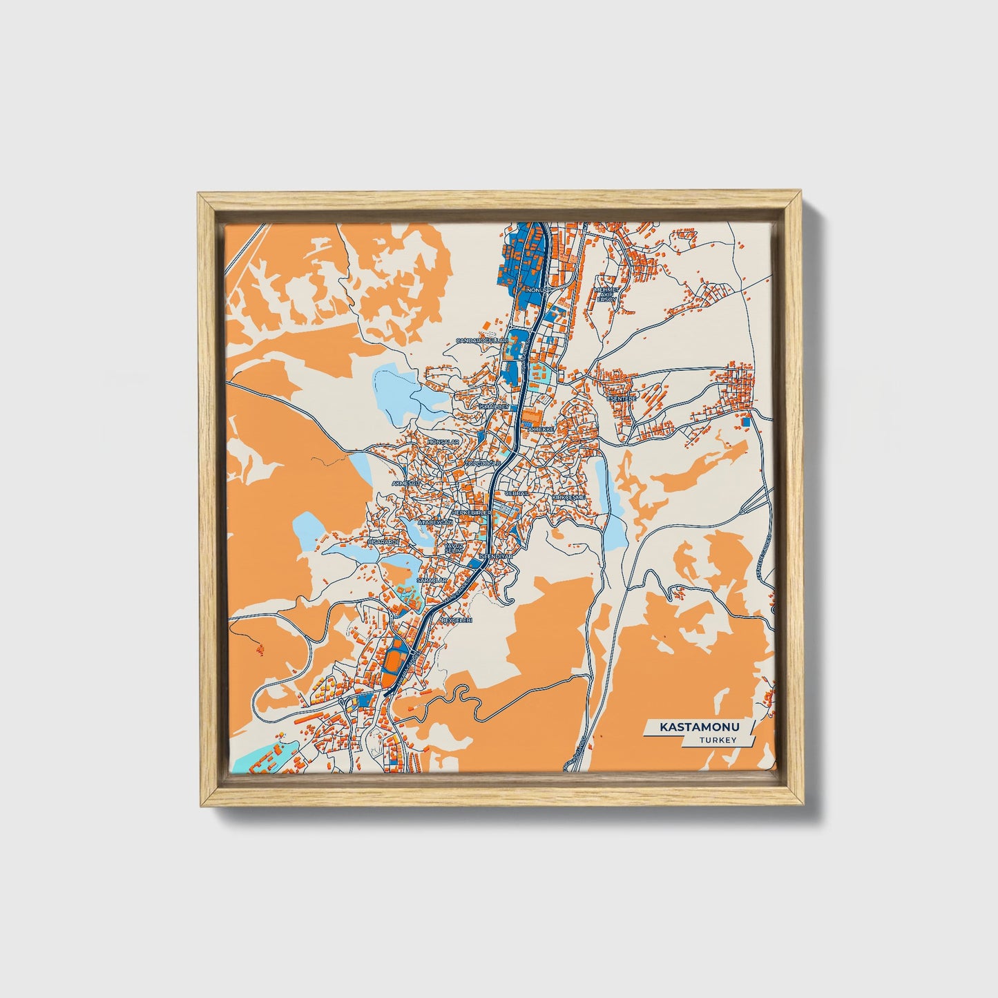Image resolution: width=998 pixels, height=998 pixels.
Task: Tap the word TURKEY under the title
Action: click(717, 740)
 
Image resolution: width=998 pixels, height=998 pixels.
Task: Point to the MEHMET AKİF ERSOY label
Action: click(605, 294)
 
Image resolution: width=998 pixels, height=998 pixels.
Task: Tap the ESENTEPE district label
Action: click(620, 399)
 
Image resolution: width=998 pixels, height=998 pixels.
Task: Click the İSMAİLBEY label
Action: click(495, 407)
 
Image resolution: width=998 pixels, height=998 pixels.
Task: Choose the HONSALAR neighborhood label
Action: click(443, 441)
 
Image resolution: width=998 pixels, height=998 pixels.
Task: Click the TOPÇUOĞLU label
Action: click(482, 463)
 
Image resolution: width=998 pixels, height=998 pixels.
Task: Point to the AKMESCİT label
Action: click(406, 483)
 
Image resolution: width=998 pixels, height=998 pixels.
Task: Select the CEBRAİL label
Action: click(517, 493)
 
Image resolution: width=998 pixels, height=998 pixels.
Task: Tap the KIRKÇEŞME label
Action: click(568, 497)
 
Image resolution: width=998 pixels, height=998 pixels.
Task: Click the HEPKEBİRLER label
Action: click(471, 514)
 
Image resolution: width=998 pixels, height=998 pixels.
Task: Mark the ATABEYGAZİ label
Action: click(434, 524)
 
